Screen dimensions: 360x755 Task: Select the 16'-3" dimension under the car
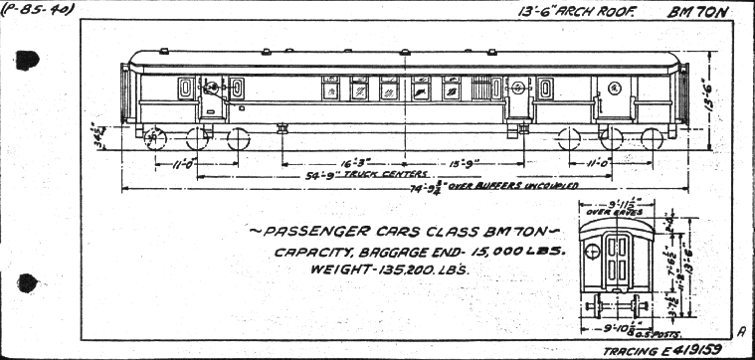(351, 158)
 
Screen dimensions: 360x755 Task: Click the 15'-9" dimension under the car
(465, 158)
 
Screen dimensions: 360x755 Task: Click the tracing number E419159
(695, 349)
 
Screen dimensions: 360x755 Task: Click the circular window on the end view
(594, 253)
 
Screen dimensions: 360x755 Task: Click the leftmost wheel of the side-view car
(154, 138)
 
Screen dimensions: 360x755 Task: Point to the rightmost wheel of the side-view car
(652, 138)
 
